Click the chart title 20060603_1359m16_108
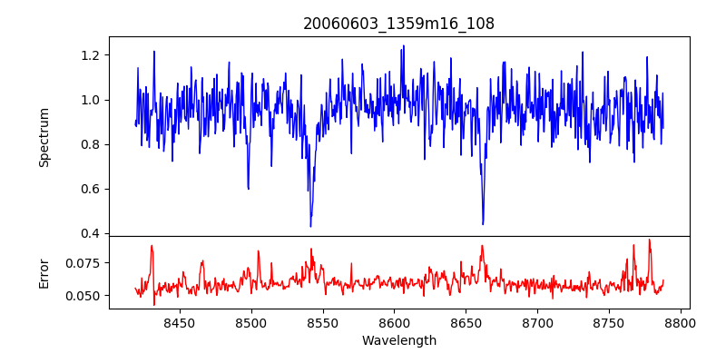click(398, 24)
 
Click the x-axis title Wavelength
click(398, 341)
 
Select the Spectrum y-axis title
click(44, 137)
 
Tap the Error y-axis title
click(44, 273)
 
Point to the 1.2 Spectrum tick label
click(92, 55)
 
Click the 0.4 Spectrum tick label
click(92, 234)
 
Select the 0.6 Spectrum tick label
click(92, 189)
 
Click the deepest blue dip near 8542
click(310, 226)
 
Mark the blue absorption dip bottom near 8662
click(483, 223)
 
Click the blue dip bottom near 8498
click(248, 188)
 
